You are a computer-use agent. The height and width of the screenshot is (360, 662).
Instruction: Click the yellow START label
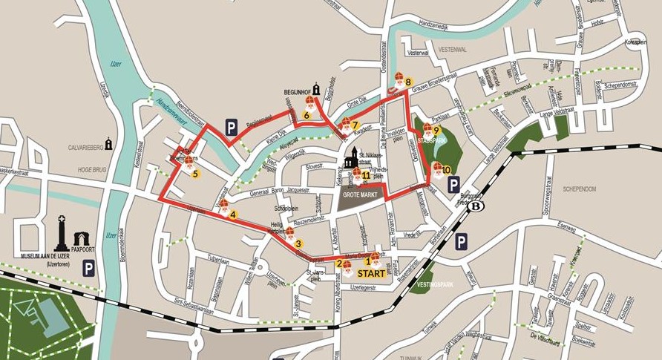point(371,273)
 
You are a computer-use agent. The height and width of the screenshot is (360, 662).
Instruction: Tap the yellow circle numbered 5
point(195,174)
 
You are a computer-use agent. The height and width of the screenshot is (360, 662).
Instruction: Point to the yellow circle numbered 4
point(233,215)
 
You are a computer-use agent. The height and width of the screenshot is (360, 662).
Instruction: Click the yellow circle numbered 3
point(298,243)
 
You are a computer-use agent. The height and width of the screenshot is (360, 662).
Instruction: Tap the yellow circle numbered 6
point(306,115)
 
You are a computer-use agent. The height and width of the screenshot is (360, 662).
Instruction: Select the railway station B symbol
point(474,206)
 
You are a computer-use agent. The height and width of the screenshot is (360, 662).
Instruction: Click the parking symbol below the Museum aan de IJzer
point(88,268)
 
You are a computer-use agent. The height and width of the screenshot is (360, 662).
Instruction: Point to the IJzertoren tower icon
point(62,233)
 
